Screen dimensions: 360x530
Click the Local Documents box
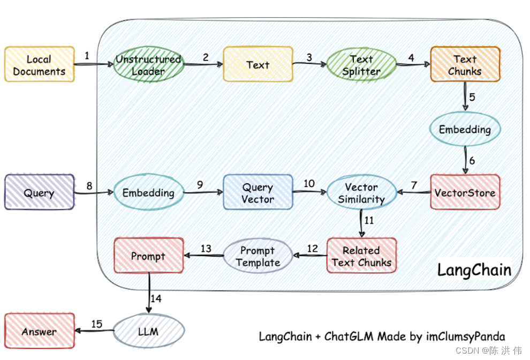pos(40,64)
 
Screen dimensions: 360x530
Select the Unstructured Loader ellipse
pos(148,65)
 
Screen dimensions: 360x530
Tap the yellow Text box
pos(258,65)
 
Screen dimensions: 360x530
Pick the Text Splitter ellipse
pos(361,65)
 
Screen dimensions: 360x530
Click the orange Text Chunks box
pos(465,65)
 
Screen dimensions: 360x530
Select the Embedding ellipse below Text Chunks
pos(465,129)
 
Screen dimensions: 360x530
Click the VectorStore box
pos(465,192)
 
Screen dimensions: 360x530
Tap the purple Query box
pos(40,192)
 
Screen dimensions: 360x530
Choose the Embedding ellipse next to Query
pos(148,192)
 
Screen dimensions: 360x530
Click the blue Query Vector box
pos(258,193)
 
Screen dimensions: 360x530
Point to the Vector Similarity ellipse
pos(361,193)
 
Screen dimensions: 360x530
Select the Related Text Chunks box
pos(361,256)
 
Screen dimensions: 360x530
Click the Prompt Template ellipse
pos(258,256)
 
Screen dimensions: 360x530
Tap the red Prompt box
pos(148,256)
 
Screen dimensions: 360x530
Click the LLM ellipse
pos(148,331)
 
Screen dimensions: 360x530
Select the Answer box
pos(40,331)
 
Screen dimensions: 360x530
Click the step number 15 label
pos(96,324)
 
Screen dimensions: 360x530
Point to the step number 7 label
pos(413,185)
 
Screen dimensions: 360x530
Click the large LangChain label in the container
pos(474,269)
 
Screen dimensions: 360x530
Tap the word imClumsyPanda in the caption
pos(464,336)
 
